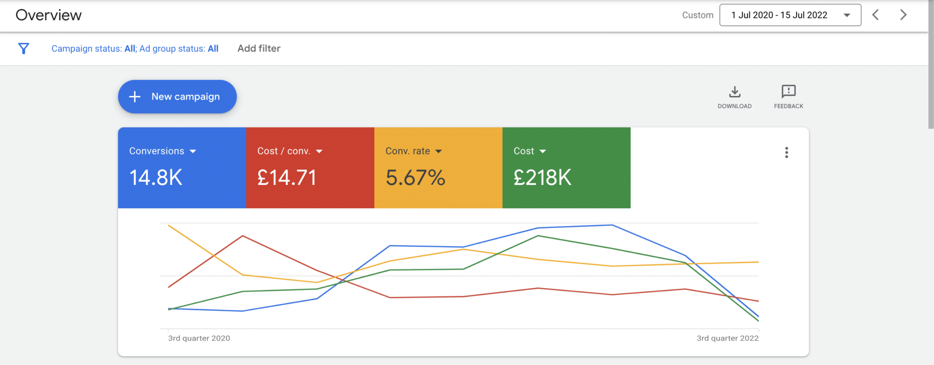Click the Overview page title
tap(49, 15)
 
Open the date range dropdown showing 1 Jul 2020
tap(790, 15)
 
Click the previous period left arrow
tap(876, 15)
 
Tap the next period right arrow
tap(903, 15)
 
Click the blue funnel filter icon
tap(24, 48)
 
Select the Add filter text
tap(259, 48)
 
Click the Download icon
tap(735, 92)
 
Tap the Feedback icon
tap(789, 91)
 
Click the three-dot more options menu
tap(787, 153)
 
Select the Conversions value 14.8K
tap(156, 178)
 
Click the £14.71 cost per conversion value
tap(287, 178)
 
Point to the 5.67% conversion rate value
tap(415, 178)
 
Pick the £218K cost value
tap(542, 178)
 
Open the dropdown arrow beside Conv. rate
tap(439, 151)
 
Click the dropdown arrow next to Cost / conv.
tap(319, 151)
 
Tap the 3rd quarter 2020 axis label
tap(199, 339)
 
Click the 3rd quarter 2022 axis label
tap(728, 339)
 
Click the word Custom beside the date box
tap(698, 15)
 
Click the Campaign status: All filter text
tap(93, 48)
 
